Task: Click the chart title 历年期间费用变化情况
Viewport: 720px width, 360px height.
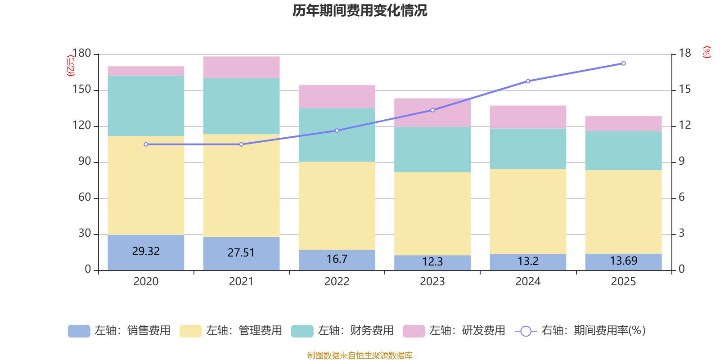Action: click(x=360, y=10)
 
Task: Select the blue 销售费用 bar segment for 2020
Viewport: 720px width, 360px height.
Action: click(x=146, y=252)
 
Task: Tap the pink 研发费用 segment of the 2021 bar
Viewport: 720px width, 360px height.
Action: click(x=241, y=67)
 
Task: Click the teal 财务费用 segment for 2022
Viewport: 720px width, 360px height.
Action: click(x=337, y=135)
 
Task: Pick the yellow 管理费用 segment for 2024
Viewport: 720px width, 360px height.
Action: click(x=528, y=211)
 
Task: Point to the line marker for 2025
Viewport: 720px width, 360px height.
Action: click(x=623, y=63)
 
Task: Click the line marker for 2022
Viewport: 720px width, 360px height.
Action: click(x=337, y=130)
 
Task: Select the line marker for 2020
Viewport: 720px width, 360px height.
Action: click(x=146, y=144)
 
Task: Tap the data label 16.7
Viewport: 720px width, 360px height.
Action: click(x=337, y=259)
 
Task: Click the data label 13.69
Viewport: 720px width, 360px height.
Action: click(x=623, y=261)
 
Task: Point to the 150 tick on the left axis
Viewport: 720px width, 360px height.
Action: click(x=81, y=90)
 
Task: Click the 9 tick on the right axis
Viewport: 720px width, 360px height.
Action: click(x=682, y=161)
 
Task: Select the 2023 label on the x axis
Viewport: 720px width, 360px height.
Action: click(x=432, y=282)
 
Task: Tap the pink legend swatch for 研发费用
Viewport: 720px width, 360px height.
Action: click(x=414, y=331)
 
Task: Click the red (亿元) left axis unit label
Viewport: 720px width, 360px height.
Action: click(x=71, y=66)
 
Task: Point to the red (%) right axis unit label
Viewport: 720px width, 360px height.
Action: click(x=707, y=52)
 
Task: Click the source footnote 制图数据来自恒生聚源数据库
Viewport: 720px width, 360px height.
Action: click(x=360, y=355)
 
